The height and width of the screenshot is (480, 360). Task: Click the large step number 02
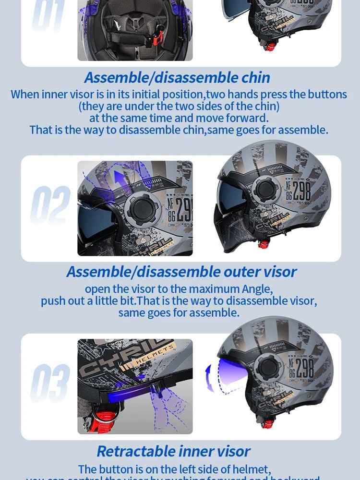50,206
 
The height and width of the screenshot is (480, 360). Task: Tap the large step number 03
50,383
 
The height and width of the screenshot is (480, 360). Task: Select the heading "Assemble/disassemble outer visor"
181,272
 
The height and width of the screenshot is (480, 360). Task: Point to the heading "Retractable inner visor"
173,451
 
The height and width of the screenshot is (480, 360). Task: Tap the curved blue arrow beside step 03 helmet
210,377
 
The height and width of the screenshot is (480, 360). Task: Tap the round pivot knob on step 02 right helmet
267,190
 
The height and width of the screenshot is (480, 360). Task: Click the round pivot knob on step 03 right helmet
267,367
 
